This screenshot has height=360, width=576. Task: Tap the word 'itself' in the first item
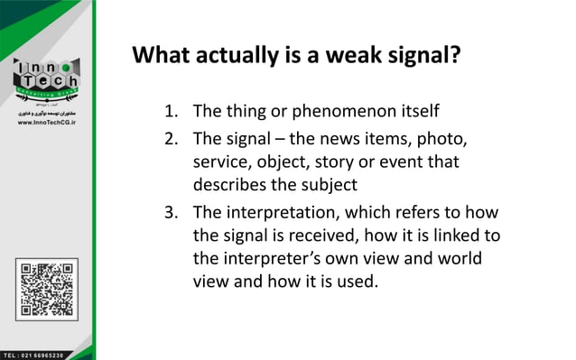pos(415,112)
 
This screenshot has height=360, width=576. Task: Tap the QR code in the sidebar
pos(45,290)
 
